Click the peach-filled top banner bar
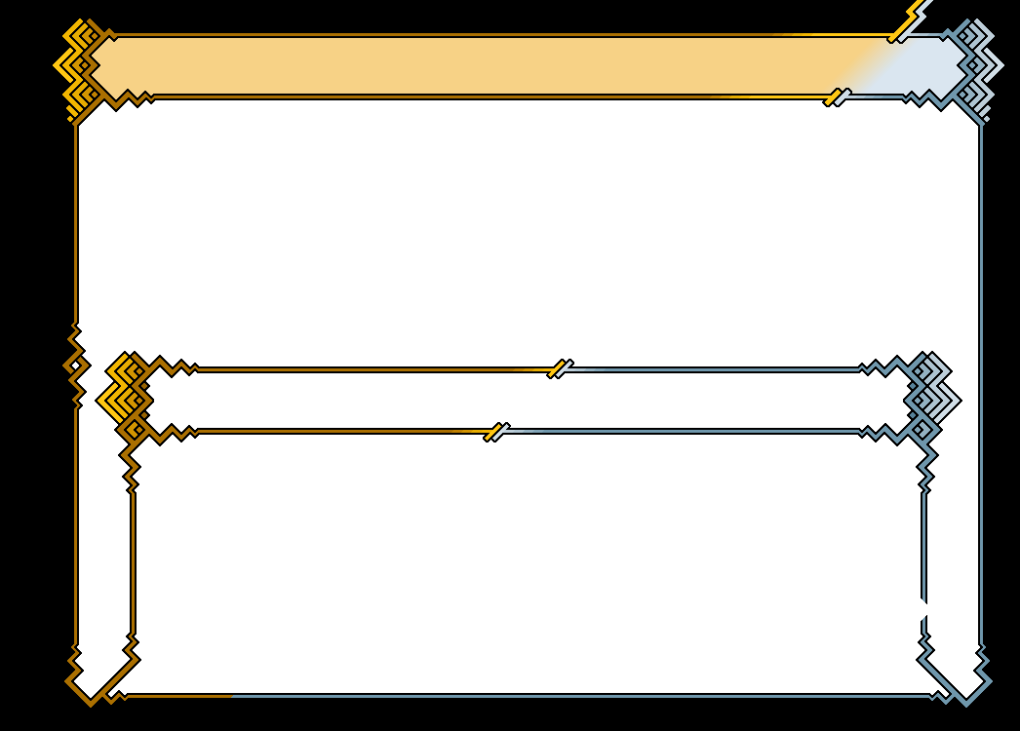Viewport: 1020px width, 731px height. pos(468,64)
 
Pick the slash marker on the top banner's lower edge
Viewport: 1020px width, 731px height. pos(838,96)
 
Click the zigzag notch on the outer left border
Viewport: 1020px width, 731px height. pos(75,365)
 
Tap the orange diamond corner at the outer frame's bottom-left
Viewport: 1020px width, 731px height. pos(91,679)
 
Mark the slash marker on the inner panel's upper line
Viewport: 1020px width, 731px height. pos(560,368)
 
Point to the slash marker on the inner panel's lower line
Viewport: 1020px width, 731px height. pos(496,432)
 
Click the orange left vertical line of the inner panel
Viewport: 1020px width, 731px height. pos(134,556)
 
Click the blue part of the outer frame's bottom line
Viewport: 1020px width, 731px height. pos(585,696)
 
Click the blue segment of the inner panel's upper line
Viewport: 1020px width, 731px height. pos(712,369)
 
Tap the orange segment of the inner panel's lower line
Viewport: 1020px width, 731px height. pos(341,431)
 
